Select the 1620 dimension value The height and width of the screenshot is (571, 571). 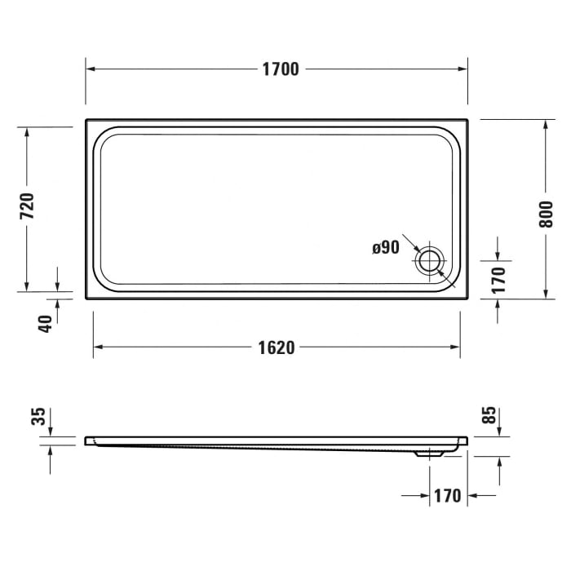pos(277,347)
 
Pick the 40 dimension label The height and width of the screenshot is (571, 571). pos(46,322)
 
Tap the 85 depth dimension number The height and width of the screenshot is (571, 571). pos(489,415)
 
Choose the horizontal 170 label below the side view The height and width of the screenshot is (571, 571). pos(447,495)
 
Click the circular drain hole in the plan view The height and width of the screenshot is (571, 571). pos(430,262)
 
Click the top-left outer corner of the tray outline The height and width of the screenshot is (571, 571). pos(86,119)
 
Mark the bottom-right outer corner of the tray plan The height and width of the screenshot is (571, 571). pos(467,298)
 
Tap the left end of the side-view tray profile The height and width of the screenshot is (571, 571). pos(86,441)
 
